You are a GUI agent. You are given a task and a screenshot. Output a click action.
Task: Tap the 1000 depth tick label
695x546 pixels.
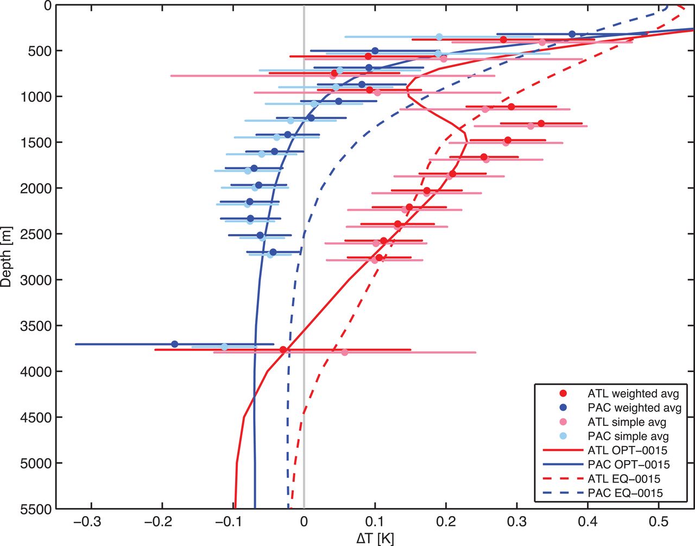tap(34, 97)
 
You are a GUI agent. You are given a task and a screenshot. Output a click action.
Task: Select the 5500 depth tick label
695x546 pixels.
tap(34, 509)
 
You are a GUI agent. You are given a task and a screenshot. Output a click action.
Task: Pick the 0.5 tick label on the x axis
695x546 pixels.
tap(659, 523)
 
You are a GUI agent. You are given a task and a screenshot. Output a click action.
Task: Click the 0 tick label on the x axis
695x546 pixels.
tap(304, 523)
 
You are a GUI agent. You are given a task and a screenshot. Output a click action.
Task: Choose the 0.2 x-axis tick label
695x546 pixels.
tap(446, 523)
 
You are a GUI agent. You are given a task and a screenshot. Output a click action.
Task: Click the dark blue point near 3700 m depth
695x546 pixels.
tap(174, 344)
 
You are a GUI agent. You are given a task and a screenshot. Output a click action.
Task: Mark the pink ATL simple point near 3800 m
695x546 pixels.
tap(344, 352)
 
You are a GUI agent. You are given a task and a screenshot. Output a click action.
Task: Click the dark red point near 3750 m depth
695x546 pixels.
tap(283, 350)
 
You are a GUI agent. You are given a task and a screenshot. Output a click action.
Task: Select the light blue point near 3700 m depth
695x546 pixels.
tap(224, 347)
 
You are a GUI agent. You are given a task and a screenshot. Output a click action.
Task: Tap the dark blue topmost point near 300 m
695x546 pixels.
tap(572, 34)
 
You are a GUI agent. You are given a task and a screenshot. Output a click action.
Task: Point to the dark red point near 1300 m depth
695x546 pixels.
tap(541, 123)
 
